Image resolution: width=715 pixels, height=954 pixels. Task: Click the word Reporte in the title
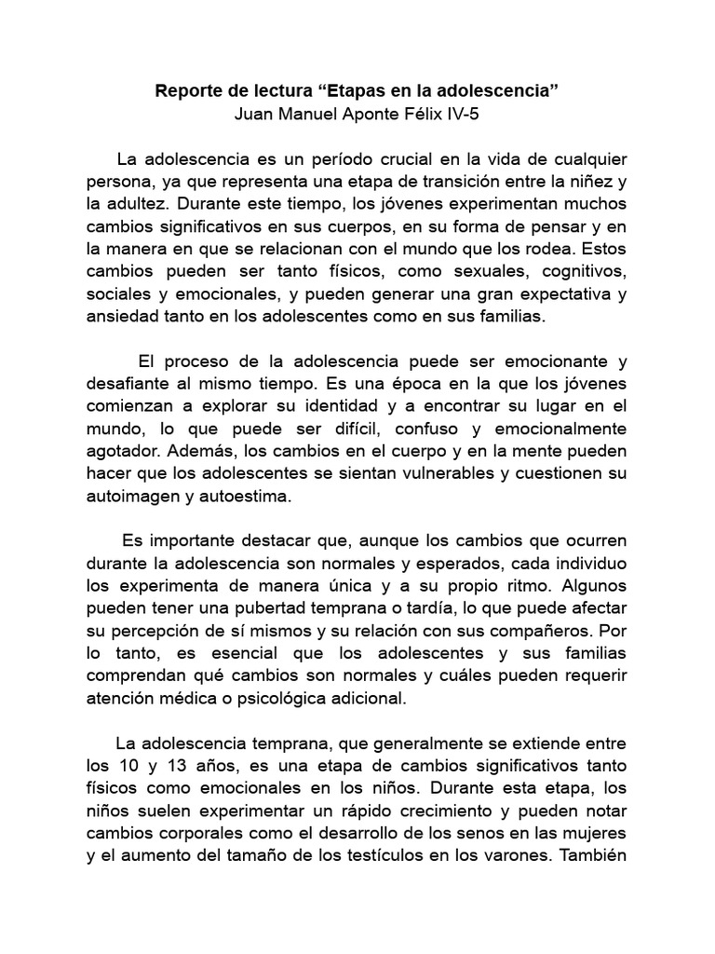click(x=186, y=93)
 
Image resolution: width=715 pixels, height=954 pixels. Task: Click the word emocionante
click(x=544, y=361)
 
